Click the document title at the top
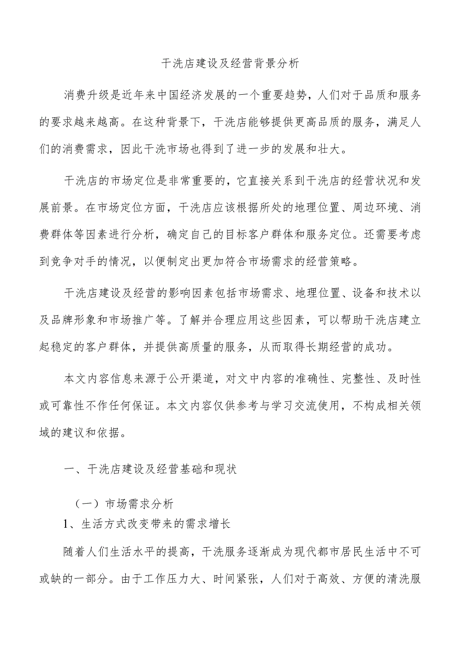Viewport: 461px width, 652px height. point(231,64)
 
